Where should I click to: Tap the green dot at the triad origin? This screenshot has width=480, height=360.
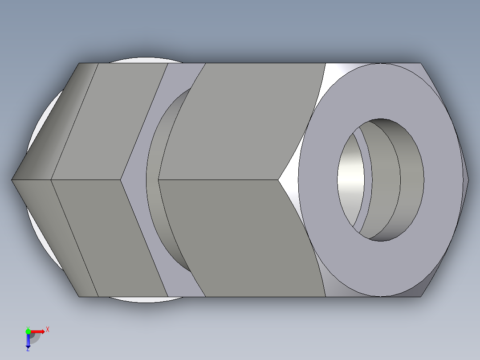point(28,331)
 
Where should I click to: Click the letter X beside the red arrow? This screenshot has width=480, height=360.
point(47,330)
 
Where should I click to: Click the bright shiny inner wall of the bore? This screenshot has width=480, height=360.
point(350,178)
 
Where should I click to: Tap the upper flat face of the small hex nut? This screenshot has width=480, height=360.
point(111,120)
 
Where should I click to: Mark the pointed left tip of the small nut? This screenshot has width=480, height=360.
point(13,180)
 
